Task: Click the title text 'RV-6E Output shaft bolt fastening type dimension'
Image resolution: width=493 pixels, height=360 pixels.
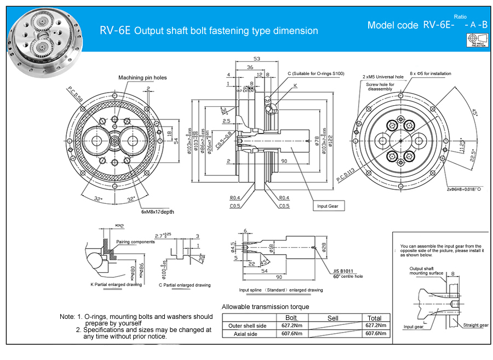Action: [209, 31]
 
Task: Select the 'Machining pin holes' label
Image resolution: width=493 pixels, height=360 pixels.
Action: [142, 78]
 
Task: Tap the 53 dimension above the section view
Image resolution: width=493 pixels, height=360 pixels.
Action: [257, 59]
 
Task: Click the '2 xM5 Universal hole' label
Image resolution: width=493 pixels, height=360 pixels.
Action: [383, 77]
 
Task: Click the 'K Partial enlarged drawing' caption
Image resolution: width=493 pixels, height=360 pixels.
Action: [116, 284]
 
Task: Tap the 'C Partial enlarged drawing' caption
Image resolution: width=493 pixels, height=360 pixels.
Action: [185, 285]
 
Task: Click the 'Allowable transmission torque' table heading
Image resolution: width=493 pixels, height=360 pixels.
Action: [265, 307]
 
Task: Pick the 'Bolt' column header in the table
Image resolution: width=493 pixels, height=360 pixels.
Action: [291, 318]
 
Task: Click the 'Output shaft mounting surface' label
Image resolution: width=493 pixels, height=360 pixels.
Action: [426, 271]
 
